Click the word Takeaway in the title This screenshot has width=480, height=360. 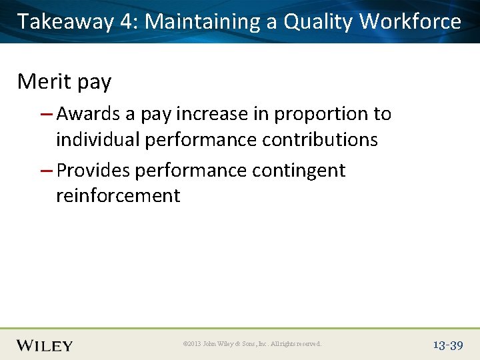pos(66,22)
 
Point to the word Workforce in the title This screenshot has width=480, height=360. pos(410,22)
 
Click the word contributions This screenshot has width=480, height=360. pos(315,139)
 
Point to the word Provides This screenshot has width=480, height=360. pos(93,170)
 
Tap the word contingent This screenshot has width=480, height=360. pos(299,170)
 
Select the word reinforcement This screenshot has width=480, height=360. pos(118,195)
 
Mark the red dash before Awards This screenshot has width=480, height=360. pos(47,115)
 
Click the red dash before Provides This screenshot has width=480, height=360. pos(47,171)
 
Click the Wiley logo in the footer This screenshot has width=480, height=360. pos(45,345)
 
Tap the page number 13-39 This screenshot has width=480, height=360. pos(447,345)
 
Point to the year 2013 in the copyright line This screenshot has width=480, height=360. pos(193,344)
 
